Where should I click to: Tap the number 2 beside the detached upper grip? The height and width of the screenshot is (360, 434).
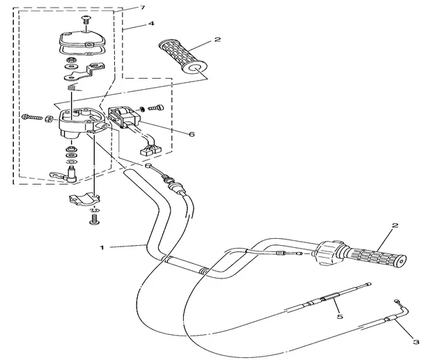tap(217, 40)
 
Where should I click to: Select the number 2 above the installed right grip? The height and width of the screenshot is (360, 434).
tap(394, 226)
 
